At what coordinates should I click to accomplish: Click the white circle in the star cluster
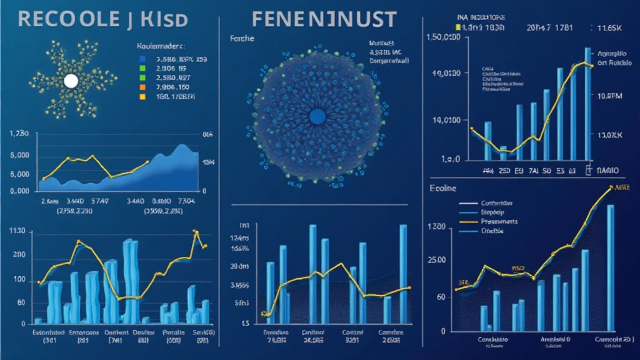point(71,81)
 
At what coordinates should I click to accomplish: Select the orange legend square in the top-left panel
point(142,87)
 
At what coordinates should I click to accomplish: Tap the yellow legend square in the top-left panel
point(142,97)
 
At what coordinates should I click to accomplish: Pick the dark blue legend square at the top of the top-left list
point(142,58)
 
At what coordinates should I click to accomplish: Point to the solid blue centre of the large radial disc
point(317,116)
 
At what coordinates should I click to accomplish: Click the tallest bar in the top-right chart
point(587,103)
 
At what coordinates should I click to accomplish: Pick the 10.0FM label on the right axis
point(611,96)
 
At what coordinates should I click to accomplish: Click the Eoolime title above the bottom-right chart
point(442,187)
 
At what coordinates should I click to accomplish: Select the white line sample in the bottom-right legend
point(469,203)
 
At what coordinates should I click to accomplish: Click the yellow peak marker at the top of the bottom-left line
point(195,232)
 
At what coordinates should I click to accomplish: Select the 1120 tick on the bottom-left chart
point(17,232)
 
